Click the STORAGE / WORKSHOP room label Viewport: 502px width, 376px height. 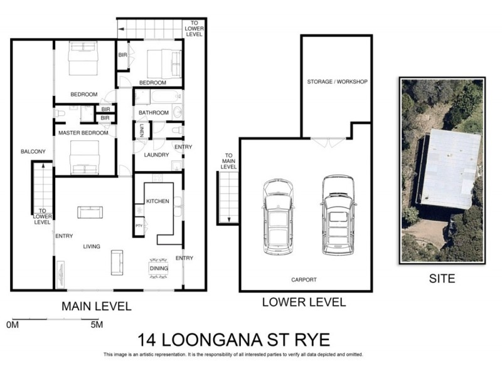[337, 82]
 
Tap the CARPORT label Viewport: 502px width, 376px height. [304, 279]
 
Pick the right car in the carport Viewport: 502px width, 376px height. [338, 214]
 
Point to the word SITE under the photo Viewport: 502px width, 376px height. [442, 278]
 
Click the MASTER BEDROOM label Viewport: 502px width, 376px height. [83, 133]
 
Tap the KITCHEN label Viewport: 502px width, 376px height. [157, 201]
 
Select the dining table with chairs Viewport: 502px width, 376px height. [159, 268]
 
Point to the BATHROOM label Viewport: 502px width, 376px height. [154, 113]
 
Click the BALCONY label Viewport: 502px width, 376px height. [33, 152]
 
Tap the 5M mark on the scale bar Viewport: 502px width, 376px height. [95, 325]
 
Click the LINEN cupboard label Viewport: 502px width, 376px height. [142, 130]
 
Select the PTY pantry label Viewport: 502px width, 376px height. [139, 226]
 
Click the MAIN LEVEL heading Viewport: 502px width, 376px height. [96, 306]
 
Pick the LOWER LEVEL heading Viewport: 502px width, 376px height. [304, 303]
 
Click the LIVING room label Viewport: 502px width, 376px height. [92, 246]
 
